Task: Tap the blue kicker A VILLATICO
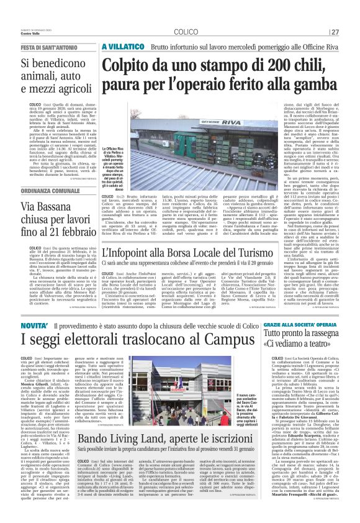click(122, 47)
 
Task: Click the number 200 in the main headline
click(245, 65)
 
